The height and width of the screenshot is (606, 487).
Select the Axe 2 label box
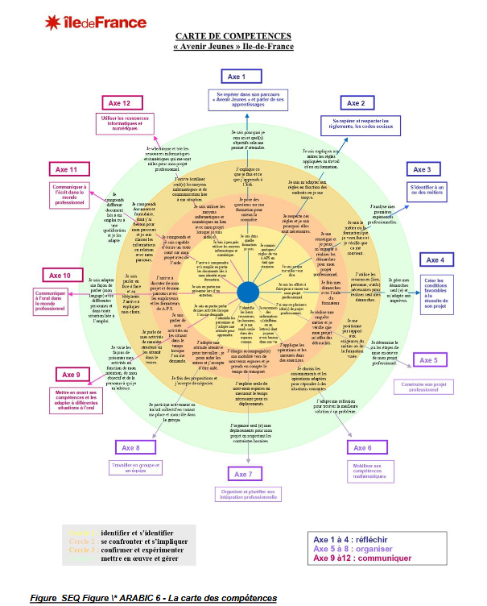(355, 103)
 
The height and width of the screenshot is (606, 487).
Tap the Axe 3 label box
(422, 169)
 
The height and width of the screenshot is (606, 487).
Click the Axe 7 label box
(245, 474)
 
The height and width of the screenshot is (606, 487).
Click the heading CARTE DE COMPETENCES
(233, 36)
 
